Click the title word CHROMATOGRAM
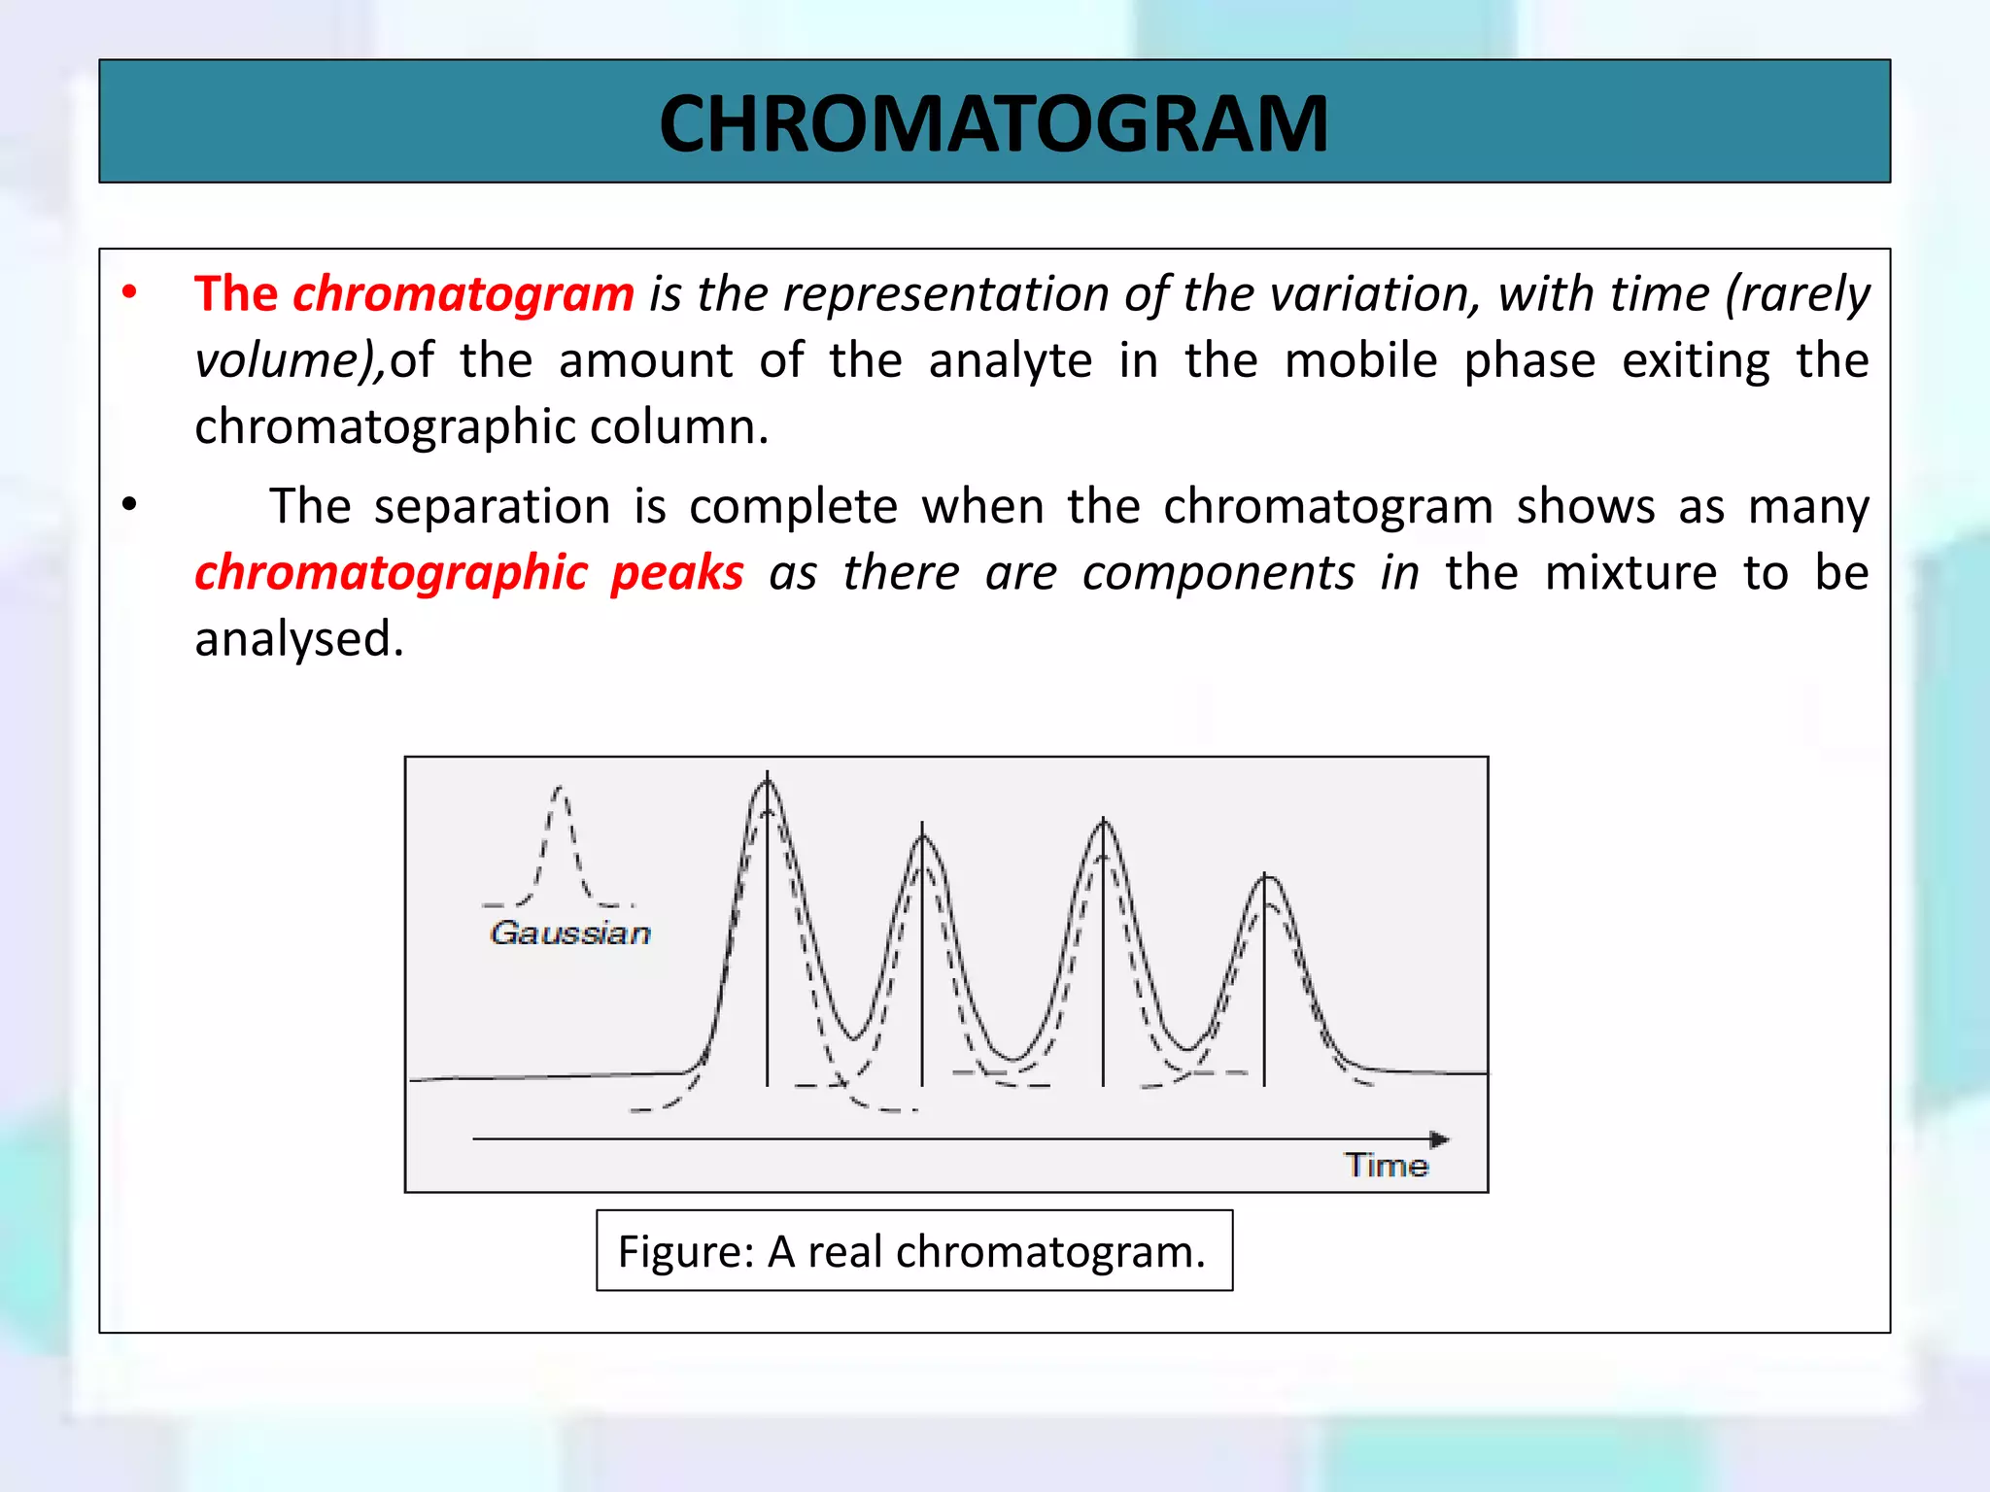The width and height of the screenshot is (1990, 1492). pos(993,124)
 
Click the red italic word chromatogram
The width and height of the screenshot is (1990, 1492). pos(463,294)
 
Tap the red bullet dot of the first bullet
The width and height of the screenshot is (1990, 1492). pos(129,292)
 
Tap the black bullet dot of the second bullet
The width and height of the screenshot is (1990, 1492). pos(129,505)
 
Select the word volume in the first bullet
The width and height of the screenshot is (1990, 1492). pos(276,361)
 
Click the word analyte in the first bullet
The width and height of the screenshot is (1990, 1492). pos(1010,361)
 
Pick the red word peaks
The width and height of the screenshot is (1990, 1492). pos(677,573)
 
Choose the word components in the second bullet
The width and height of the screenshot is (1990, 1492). pos(1218,573)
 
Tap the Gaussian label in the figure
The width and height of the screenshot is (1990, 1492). pos(570,933)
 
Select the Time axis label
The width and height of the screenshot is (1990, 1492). pos(1386,1165)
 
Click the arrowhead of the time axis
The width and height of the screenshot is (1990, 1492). pos(1440,1138)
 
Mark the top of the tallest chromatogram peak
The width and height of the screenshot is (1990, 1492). pos(768,781)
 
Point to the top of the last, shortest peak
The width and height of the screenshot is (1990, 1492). pos(1266,877)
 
